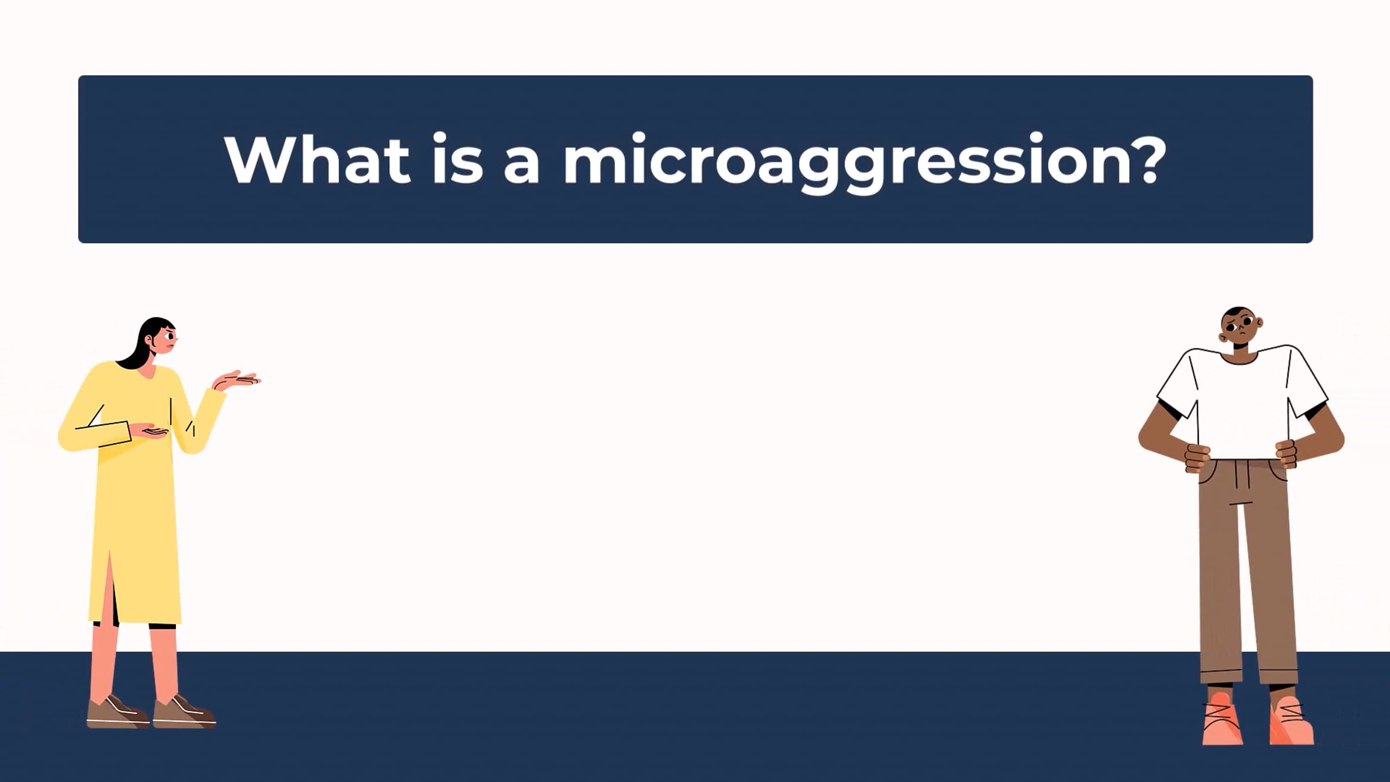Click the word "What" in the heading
point(317,159)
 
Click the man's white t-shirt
point(1242,403)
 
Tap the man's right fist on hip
point(1197,458)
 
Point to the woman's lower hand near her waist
point(149,431)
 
